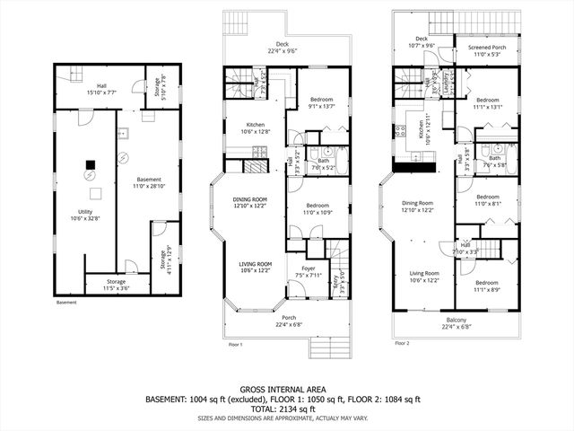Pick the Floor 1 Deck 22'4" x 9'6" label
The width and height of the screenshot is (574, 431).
click(x=283, y=48)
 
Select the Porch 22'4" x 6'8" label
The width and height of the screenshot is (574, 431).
click(x=283, y=321)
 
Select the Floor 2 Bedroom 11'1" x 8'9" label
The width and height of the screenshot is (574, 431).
click(x=488, y=287)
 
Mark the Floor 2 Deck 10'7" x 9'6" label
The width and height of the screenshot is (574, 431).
click(x=421, y=42)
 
